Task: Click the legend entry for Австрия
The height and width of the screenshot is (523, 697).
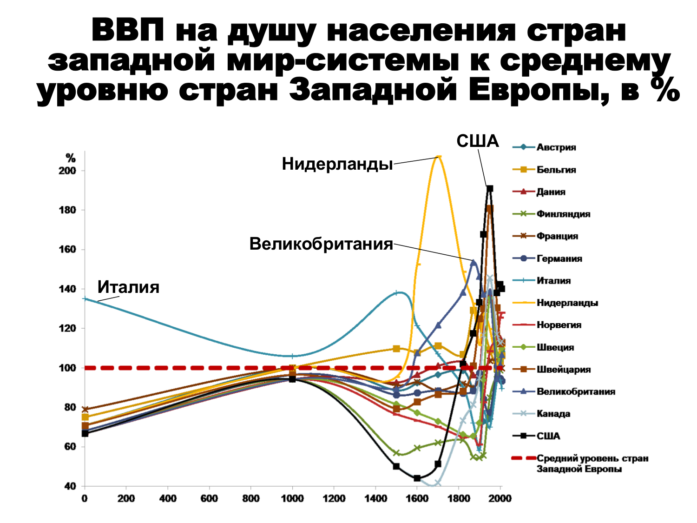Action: coord(556,147)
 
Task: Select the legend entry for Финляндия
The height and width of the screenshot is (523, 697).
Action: coord(563,214)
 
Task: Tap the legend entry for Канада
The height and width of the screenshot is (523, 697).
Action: coord(553,414)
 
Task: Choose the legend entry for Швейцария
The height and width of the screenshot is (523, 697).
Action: coord(563,370)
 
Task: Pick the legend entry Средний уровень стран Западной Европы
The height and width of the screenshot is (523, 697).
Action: coord(592,463)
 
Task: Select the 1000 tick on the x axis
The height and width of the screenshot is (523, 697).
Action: coord(292,499)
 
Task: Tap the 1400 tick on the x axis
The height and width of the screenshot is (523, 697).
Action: coord(375,499)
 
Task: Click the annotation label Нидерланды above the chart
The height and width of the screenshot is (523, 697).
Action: coord(337,164)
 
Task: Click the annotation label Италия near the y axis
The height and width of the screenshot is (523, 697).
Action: coord(128,287)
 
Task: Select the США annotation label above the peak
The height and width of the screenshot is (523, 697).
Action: coord(477,141)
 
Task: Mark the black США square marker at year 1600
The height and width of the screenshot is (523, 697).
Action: coord(417,478)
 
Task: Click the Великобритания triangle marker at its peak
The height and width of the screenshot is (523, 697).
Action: coord(473,262)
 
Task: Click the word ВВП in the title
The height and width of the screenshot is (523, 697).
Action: coord(127,30)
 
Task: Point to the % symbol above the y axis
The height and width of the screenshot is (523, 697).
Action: coord(70,159)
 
